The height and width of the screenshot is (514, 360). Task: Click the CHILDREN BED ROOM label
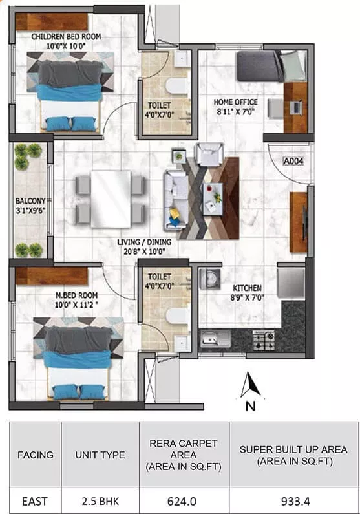tap(66, 37)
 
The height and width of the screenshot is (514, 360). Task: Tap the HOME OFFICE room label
tap(235, 102)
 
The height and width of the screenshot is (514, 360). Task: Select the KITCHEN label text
tap(247, 288)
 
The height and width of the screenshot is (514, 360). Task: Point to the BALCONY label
tap(30, 200)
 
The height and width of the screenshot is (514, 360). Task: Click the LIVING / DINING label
tap(145, 242)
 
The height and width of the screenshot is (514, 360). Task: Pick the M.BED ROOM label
tap(77, 295)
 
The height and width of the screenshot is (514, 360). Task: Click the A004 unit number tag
tap(293, 161)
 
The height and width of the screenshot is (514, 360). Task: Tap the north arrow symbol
tap(250, 385)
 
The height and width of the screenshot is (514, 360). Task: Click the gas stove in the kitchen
tap(263, 340)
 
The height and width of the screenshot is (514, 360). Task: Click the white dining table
tap(111, 199)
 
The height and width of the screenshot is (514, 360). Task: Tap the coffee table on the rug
tap(213, 199)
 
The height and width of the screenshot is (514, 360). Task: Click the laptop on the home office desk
tap(295, 107)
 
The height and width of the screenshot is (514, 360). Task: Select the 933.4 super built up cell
tap(295, 501)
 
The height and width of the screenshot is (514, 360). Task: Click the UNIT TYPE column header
tap(100, 455)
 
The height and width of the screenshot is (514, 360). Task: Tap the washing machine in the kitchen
tap(209, 279)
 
